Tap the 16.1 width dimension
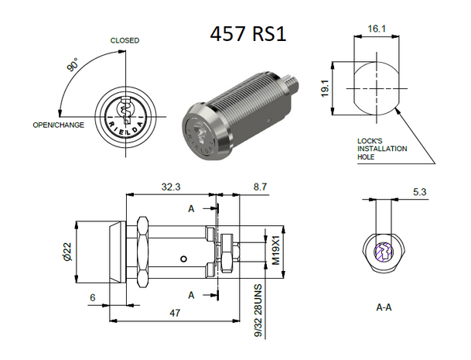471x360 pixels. (x=374, y=28)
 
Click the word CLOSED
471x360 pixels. (x=125, y=40)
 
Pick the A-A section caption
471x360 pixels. (x=383, y=307)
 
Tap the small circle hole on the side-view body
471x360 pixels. (x=183, y=259)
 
